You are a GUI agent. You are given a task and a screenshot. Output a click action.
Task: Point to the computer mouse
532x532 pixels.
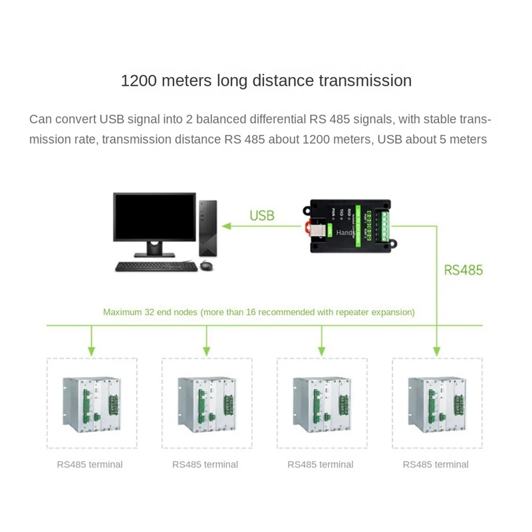click(205, 266)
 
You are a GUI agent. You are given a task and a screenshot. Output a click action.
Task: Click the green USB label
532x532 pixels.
click(261, 215)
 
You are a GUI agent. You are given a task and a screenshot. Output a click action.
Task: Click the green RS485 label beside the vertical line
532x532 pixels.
click(463, 270)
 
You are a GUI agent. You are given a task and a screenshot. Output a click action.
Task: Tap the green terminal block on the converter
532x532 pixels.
click(384, 225)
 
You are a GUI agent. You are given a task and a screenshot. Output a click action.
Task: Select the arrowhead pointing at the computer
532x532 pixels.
click(227, 226)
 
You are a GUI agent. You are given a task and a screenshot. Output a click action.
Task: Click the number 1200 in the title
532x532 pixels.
click(139, 81)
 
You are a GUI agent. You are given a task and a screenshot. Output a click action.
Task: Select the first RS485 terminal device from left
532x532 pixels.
click(92, 403)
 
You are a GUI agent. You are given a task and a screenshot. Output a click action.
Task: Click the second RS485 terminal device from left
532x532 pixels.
click(207, 403)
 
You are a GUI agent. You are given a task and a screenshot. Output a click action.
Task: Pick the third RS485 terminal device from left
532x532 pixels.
click(322, 403)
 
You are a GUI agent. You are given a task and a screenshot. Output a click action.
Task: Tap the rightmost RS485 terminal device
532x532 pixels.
click(437, 403)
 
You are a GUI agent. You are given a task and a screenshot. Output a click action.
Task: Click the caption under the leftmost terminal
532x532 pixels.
click(90, 464)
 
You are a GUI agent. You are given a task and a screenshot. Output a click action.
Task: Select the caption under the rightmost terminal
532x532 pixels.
click(436, 464)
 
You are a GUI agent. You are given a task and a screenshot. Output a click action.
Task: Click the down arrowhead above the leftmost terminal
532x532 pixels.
click(92, 350)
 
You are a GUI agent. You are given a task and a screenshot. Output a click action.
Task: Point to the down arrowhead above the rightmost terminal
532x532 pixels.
click(437, 350)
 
